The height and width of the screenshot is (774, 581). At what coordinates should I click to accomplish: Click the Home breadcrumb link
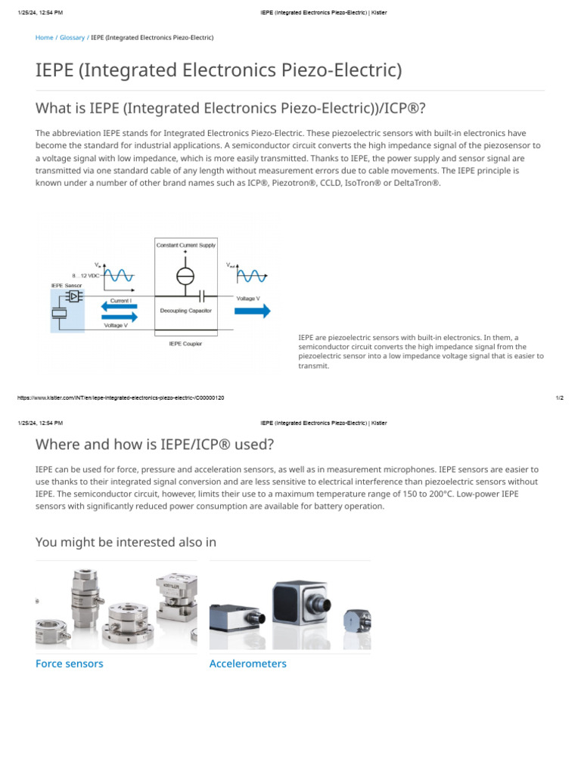[x=44, y=37]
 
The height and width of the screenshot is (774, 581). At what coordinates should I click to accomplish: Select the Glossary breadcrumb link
[x=73, y=37]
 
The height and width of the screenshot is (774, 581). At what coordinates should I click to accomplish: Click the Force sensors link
[x=70, y=664]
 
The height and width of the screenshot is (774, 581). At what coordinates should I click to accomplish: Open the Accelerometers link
[x=247, y=664]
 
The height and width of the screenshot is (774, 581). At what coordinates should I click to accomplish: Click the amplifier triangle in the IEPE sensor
[x=74, y=296]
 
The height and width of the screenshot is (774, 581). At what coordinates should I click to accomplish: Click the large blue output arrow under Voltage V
[x=251, y=311]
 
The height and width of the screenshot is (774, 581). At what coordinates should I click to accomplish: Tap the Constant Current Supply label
[x=186, y=245]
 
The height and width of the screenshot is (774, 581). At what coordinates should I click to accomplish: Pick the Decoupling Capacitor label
[x=186, y=311]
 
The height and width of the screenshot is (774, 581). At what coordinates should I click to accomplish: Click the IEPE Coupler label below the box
[x=185, y=344]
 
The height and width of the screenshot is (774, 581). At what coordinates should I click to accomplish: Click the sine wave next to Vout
[x=253, y=275]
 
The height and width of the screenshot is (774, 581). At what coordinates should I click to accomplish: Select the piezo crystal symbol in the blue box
[x=59, y=313]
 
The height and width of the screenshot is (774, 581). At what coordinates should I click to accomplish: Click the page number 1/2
[x=559, y=398]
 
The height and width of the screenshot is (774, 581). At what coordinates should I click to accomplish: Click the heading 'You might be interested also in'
[x=126, y=542]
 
